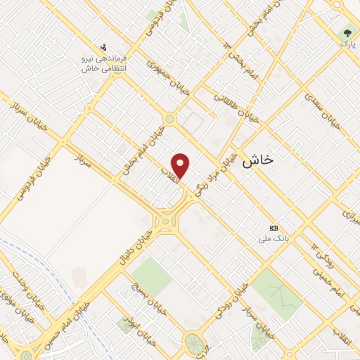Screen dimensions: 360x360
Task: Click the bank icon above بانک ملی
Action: [x=274, y=229]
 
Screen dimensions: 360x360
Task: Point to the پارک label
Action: [x=348, y=44]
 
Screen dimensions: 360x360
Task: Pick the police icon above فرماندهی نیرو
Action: [x=104, y=48]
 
